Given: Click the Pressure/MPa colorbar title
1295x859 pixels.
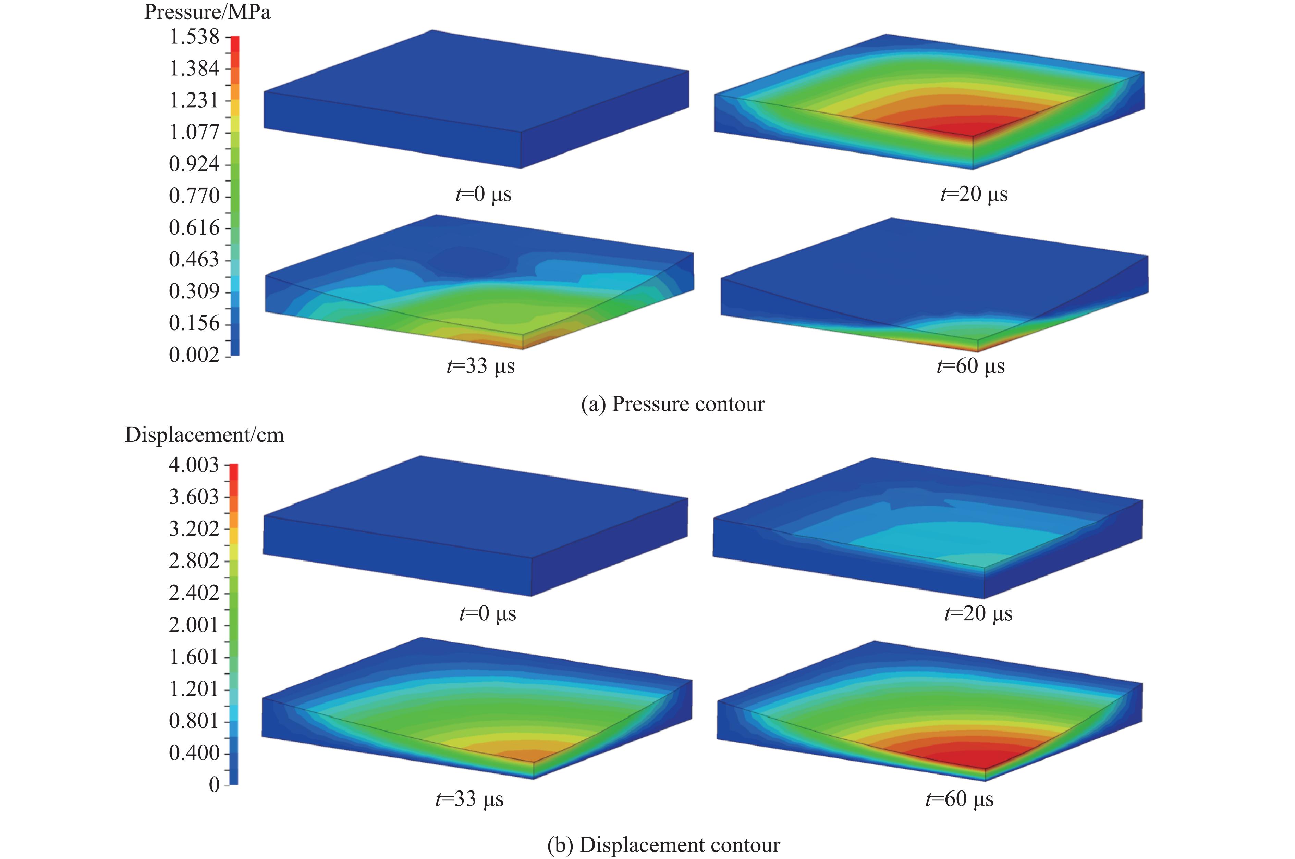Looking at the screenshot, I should (207, 12).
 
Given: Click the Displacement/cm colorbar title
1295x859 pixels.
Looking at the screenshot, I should (205, 435).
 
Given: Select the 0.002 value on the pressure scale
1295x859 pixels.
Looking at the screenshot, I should (194, 355).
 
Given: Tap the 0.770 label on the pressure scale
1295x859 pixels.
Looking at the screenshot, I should (194, 196).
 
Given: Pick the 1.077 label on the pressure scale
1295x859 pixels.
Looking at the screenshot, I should (194, 132).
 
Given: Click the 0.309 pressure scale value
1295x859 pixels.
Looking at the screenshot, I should (194, 291).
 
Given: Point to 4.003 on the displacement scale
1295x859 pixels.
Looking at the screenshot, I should (194, 465).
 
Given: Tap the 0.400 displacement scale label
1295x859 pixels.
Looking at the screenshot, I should (194, 753).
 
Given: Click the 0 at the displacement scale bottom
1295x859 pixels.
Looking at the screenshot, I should (214, 784).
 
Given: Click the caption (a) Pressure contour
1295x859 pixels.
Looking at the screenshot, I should (672, 404).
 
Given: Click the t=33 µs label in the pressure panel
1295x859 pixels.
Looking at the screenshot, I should (481, 366).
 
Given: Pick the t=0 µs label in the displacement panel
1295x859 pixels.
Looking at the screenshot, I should (487, 613).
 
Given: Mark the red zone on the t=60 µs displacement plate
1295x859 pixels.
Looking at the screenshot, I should (970, 759).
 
